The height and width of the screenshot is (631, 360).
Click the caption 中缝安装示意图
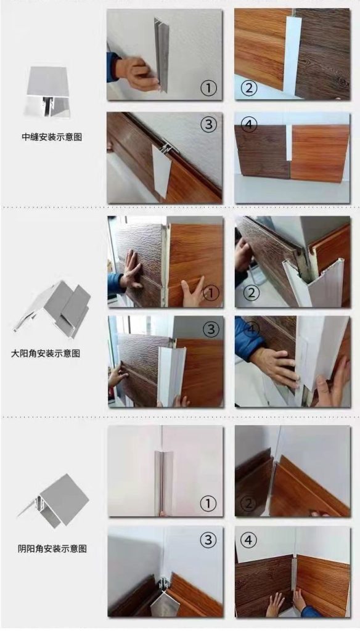pyautogui.click(x=52, y=137)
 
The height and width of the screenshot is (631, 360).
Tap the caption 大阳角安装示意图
pyautogui.click(x=46, y=353)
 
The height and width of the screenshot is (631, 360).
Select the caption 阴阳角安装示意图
pyautogui.click(x=52, y=548)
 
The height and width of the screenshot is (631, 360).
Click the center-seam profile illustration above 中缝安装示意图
pyautogui.click(x=47, y=91)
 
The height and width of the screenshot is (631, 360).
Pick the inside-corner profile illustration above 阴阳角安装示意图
pyautogui.click(x=54, y=500)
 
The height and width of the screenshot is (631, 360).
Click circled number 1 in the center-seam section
pyautogui.click(x=208, y=88)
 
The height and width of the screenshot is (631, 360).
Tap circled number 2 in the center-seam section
pyautogui.click(x=248, y=88)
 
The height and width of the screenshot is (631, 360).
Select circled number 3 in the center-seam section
pyautogui.click(x=208, y=124)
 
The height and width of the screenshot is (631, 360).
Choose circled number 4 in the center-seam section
pyautogui.click(x=248, y=124)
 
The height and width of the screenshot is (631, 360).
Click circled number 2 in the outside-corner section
pyautogui.click(x=252, y=293)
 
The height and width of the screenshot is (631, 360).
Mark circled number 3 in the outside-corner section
pyautogui.click(x=211, y=330)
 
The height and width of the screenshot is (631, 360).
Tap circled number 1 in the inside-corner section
pyautogui.click(x=208, y=503)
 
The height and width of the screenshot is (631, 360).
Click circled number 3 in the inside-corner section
pyautogui.click(x=208, y=540)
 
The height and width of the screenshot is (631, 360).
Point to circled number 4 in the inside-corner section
pyautogui.click(x=248, y=540)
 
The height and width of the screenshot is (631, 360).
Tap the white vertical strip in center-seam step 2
pyautogui.click(x=292, y=53)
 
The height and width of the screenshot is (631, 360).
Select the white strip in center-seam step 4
pyautogui.click(x=288, y=142)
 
